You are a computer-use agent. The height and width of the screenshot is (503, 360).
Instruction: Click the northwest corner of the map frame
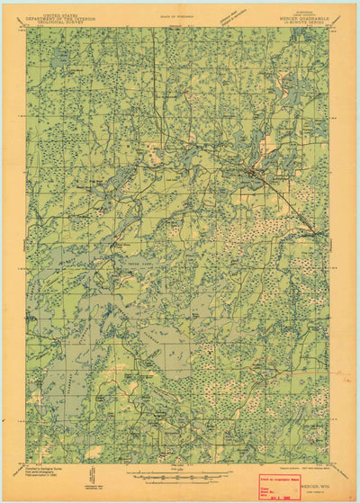(x=27, y=28)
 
